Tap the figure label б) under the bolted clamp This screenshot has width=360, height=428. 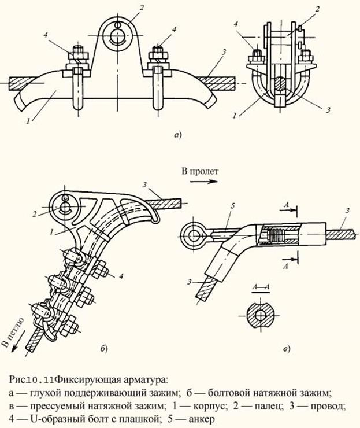click(102, 348)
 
